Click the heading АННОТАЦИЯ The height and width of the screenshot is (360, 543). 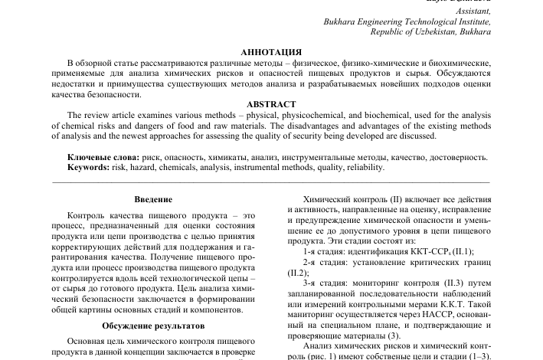pyautogui.click(x=270, y=51)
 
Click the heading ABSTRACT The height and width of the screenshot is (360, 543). pyautogui.click(x=270, y=104)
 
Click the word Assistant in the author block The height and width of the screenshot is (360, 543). pyautogui.click(x=472, y=12)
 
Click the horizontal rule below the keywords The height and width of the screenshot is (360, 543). pyautogui.click(x=270, y=182)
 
